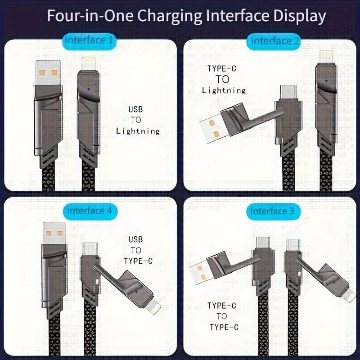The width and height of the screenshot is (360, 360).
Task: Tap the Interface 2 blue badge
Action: pos(274,41)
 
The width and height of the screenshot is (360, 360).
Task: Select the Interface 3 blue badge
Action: pos(274,211)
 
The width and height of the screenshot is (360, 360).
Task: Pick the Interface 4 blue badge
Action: pos(90,211)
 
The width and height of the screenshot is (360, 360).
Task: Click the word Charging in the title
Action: pos(170,16)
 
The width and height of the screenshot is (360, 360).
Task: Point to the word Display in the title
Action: pos(300,16)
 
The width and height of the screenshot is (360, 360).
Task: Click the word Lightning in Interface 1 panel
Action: pos(138,131)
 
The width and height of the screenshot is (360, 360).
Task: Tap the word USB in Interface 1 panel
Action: pos(136,109)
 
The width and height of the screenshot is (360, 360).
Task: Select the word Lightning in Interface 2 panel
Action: pos(224,90)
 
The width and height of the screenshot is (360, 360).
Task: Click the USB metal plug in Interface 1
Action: pos(48,72)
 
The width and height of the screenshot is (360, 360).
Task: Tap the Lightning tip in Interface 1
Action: pos(88,64)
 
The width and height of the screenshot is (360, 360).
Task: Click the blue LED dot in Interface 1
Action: pos(89,89)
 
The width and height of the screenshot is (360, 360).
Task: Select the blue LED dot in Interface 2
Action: pos(326,81)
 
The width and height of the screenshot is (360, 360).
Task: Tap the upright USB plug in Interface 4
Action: pos(54,233)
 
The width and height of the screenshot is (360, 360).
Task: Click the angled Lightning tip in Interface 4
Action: pos(154,306)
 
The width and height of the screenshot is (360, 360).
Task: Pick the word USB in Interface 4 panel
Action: pos(136,239)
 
